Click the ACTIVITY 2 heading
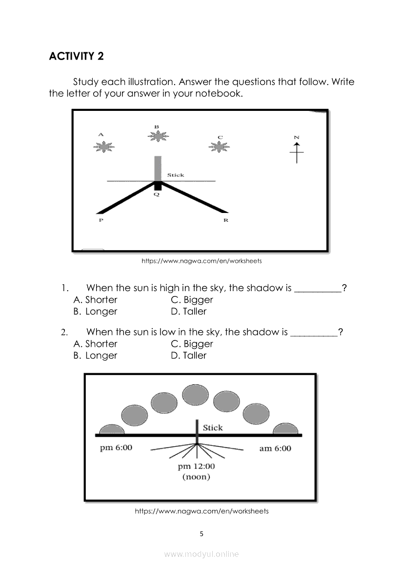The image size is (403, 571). coord(77,56)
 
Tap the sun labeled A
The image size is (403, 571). coord(103,146)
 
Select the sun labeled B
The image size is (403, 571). coord(157,136)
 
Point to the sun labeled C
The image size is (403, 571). coord(220,146)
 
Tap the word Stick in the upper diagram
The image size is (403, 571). coord(176,175)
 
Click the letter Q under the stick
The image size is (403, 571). coord(157,194)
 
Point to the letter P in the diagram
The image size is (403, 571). coord(101,221)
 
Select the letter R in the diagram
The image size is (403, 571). coord(226,221)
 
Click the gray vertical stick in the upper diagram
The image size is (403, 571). coord(158,169)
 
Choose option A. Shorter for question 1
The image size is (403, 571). coord(96,300)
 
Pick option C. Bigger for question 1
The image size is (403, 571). coord(192,300)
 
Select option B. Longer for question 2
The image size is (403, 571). coord(96,356)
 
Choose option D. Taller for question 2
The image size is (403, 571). coord(189,356)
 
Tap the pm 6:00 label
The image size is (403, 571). coord(116,448)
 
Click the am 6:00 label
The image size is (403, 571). coord(275,448)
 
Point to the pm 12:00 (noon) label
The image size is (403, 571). coord(196,471)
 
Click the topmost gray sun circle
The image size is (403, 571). coord(195,395)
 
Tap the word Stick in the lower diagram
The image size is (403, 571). coord(213,428)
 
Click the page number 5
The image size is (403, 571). coord(201,534)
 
